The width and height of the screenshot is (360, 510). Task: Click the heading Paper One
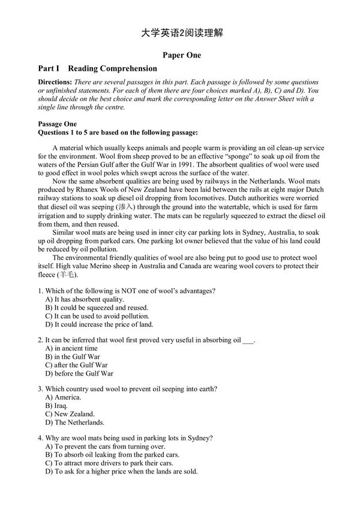coord(180,55)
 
